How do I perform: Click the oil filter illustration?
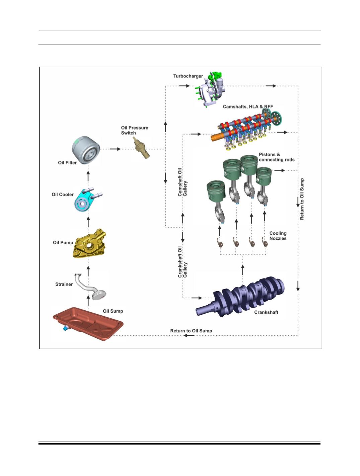pyautogui.click(x=86, y=150)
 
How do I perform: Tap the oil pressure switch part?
pyautogui.click(x=142, y=148)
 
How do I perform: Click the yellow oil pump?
pyautogui.click(x=89, y=244)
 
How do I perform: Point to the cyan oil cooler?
pyautogui.click(x=87, y=199)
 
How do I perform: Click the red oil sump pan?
pyautogui.click(x=88, y=323)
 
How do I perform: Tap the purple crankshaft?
pyautogui.click(x=240, y=297)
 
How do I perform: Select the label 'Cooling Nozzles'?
pyautogui.click(x=278, y=236)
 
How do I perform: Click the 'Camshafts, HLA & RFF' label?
pyautogui.click(x=248, y=107)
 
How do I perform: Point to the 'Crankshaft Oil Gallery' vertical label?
pyautogui.click(x=183, y=262)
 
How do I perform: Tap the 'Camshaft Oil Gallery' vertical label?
pyautogui.click(x=183, y=182)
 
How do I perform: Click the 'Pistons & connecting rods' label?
pyautogui.click(x=277, y=157)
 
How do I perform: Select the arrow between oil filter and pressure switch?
pyautogui.click(x=115, y=149)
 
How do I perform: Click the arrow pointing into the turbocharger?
pyautogui.click(x=184, y=86)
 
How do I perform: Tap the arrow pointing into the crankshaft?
pyautogui.click(x=197, y=298)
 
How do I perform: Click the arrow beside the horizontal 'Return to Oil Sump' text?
pyautogui.click(x=189, y=335)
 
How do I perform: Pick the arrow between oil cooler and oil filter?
pyautogui.click(x=88, y=176)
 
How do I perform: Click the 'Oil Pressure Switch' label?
pyautogui.click(x=135, y=130)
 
